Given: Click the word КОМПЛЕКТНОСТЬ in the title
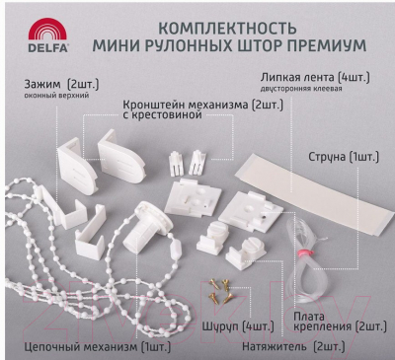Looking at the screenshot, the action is tap(227, 29).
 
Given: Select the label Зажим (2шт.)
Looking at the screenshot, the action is tap(61, 85).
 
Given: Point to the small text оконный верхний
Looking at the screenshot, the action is tap(56, 96).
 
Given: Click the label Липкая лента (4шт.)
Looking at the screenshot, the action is tap(315, 78).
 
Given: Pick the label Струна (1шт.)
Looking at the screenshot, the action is tap(344, 157).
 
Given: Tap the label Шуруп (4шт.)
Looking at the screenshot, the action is tap(238, 326).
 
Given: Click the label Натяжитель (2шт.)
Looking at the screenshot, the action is tap(293, 346).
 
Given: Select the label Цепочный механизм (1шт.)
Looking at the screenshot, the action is tap(98, 347).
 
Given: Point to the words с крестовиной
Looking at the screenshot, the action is tap(162, 115).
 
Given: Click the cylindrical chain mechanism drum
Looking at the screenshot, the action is tap(146, 226).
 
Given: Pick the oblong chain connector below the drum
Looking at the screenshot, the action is tap(176, 250).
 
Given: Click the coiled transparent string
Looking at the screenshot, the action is tap(300, 259).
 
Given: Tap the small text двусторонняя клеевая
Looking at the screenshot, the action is tap(301, 89).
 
